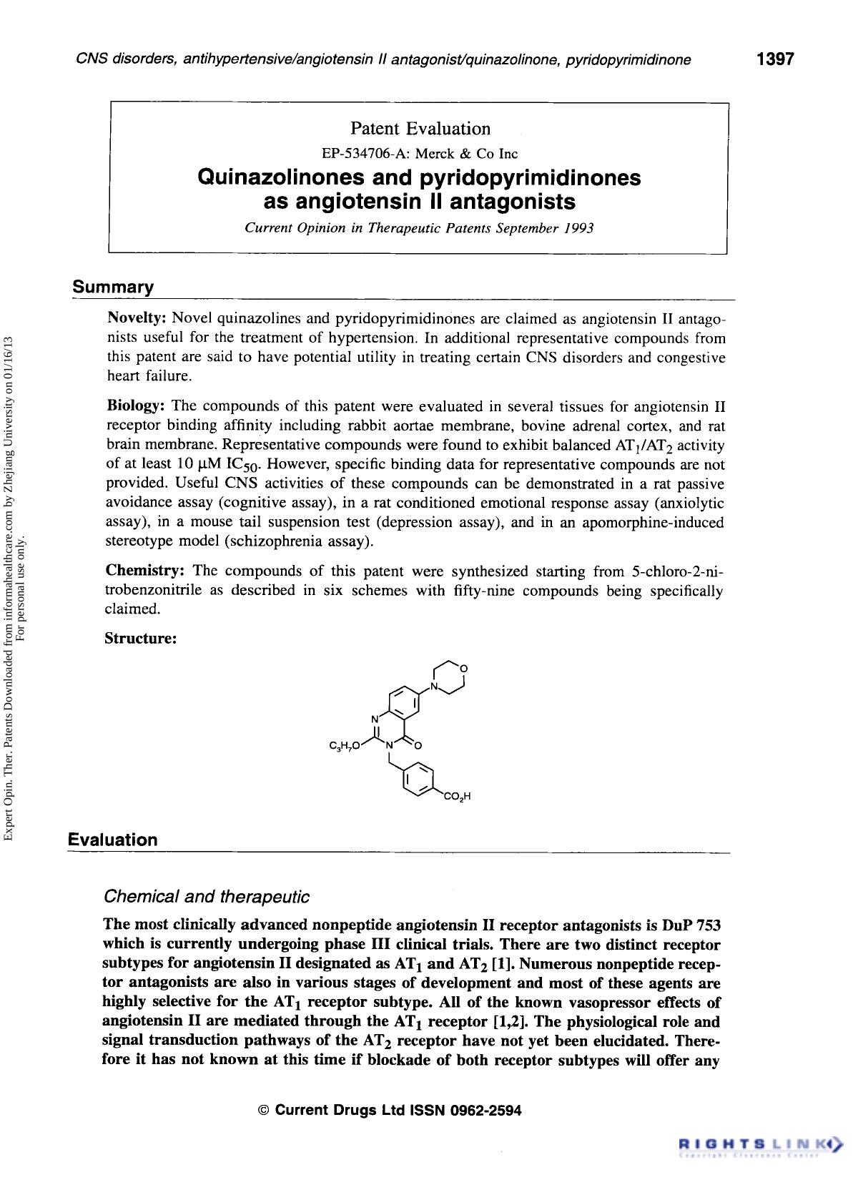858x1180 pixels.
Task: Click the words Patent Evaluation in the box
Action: pos(420,129)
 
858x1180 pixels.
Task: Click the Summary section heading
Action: pos(113,287)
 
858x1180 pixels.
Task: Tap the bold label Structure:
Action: pos(141,638)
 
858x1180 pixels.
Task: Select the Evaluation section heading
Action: pos(113,840)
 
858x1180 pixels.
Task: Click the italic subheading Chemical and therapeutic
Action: pos(207,896)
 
